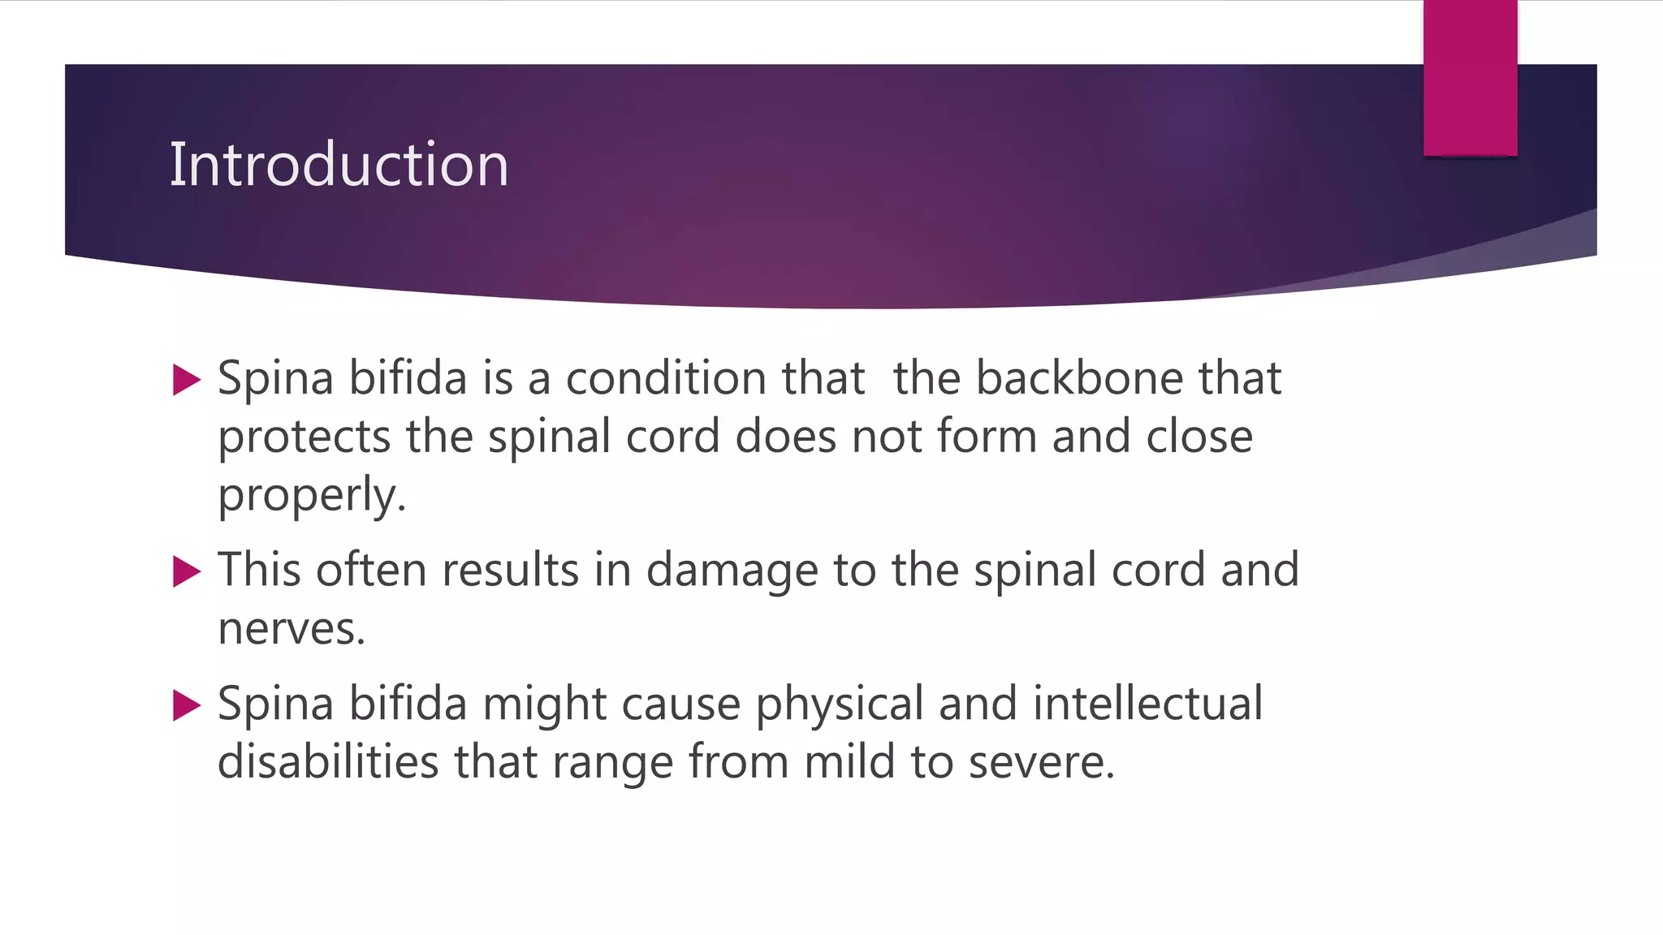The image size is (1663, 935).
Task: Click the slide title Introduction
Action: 339,164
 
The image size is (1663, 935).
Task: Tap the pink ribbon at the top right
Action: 1470,78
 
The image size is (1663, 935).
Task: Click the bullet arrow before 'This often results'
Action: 187,571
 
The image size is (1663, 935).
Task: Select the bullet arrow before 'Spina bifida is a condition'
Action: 187,380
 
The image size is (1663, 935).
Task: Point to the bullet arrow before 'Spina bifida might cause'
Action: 187,705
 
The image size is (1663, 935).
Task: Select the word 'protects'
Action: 305,437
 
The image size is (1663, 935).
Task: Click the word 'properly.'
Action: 312,496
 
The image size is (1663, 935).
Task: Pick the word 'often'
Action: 371,570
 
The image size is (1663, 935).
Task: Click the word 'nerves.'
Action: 292,629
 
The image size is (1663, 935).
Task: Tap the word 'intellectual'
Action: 1147,703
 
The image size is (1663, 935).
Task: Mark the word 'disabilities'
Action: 328,762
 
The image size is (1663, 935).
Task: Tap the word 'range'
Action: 612,764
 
